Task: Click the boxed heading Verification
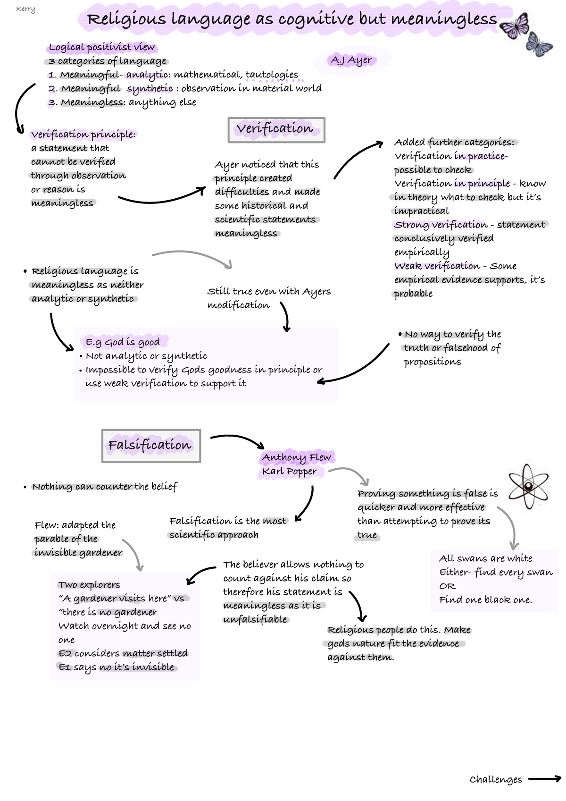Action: [276, 129]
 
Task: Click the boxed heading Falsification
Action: [150, 446]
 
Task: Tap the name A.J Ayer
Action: [351, 60]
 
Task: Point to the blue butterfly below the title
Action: [539, 45]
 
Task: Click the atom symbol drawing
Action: [529, 486]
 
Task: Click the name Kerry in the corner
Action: [25, 9]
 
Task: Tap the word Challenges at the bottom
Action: [496, 780]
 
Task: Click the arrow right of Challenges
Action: [544, 779]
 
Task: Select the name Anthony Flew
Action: [296, 457]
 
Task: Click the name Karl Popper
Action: [290, 472]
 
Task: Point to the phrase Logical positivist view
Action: [101, 47]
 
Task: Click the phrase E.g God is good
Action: [123, 342]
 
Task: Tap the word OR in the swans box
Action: [447, 586]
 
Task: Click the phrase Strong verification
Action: [441, 225]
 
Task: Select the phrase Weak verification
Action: [437, 266]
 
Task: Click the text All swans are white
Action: [485, 558]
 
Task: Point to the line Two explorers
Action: [89, 585]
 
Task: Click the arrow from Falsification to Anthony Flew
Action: [238, 440]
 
